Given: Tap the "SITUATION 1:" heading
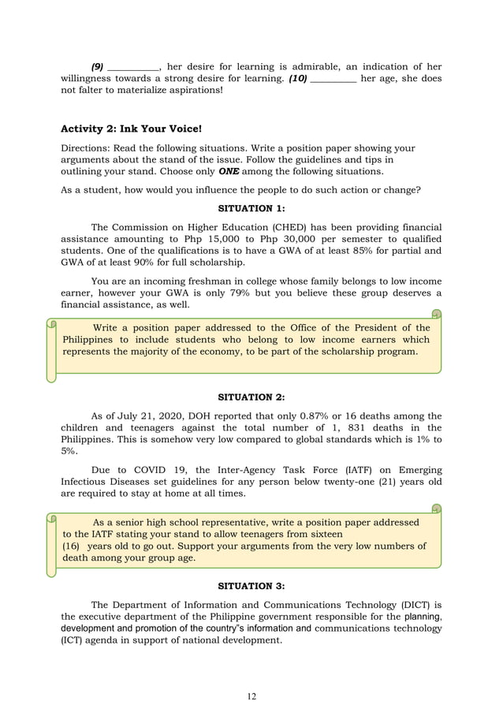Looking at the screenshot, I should pos(251,208).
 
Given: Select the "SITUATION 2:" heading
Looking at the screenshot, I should pos(251,397).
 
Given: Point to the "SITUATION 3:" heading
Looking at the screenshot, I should pos(251,586).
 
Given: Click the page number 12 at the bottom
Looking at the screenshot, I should pos(251,696).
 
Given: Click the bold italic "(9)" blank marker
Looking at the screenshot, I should pos(98,67).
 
